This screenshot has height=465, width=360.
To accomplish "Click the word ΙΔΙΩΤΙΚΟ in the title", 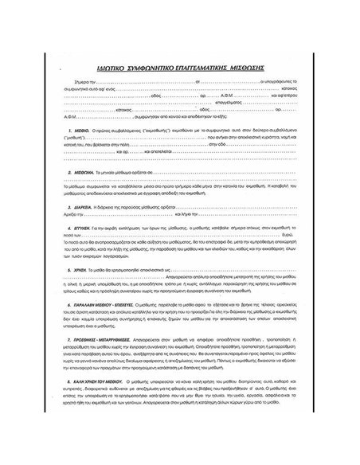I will [x=121, y=68].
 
